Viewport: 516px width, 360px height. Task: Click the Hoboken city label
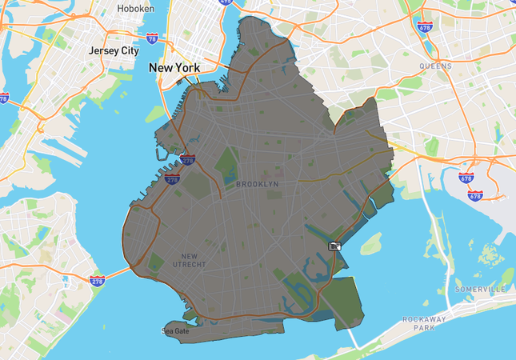point(135,8)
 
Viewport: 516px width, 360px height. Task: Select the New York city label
point(174,68)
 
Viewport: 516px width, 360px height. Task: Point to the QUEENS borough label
point(435,66)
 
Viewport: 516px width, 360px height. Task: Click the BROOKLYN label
point(258,184)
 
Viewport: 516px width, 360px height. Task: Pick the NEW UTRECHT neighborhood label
point(189,260)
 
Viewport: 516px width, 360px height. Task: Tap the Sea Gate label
point(176,330)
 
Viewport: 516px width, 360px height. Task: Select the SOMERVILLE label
point(481,288)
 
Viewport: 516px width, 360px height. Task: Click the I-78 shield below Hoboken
point(152,38)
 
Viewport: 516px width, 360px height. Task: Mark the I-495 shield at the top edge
point(225,2)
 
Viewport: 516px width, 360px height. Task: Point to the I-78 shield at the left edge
point(3,98)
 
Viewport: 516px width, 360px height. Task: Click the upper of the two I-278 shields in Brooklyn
point(187,160)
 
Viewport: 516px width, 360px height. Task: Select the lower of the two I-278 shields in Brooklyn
point(172,180)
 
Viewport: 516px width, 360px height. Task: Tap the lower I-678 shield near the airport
point(475,194)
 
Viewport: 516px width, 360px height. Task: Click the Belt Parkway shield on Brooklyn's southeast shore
point(335,246)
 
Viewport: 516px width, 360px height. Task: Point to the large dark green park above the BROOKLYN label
point(227,164)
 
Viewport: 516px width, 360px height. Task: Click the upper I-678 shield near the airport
point(466,178)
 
